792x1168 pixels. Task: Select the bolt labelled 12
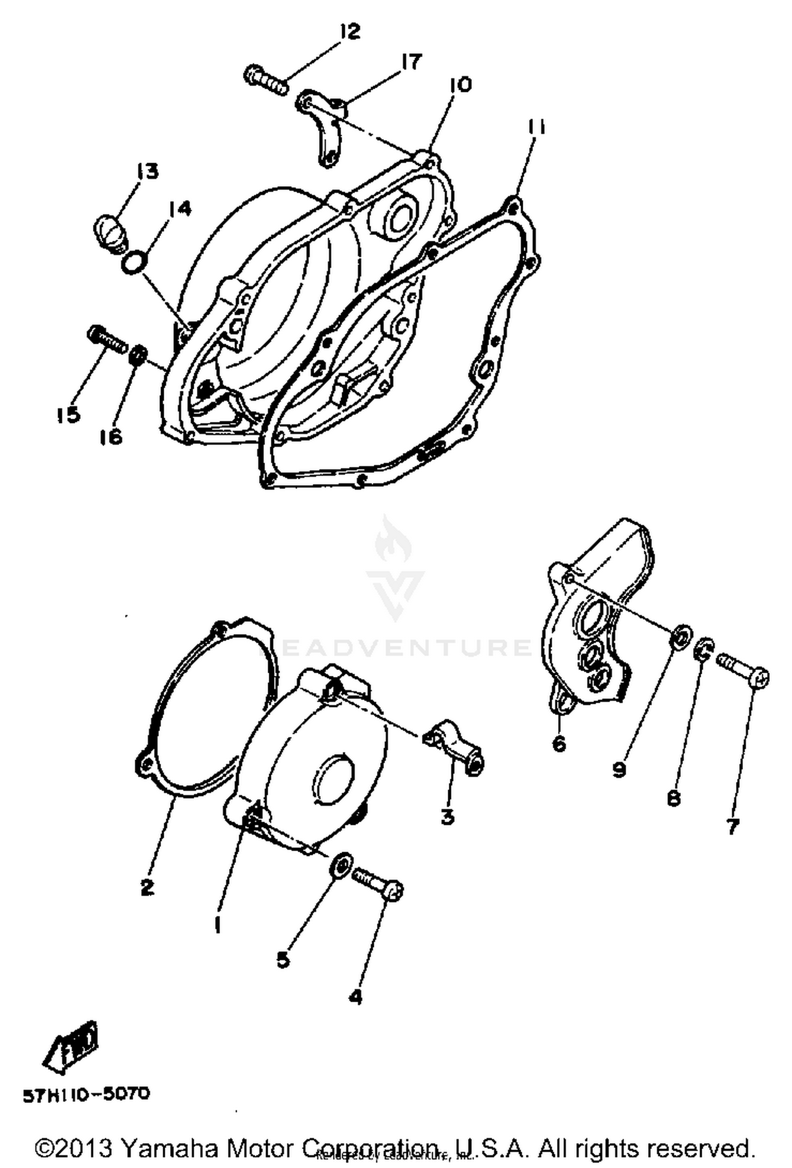pyautogui.click(x=267, y=80)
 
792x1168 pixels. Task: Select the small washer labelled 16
pyautogui.click(x=138, y=354)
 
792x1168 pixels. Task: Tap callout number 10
pyautogui.click(x=460, y=84)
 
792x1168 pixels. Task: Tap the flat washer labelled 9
pyautogui.click(x=680, y=637)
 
